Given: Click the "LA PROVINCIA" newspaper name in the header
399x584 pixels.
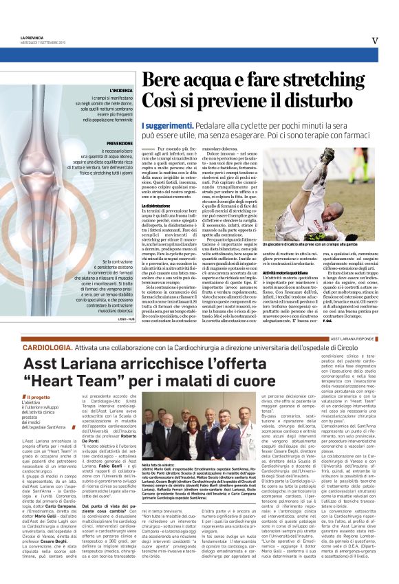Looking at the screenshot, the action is [x=33, y=37].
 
